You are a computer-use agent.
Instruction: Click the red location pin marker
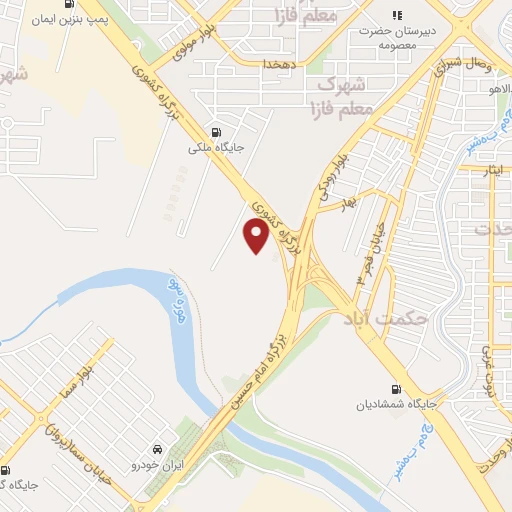pos(256,236)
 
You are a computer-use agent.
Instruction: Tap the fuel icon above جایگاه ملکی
pos(216,132)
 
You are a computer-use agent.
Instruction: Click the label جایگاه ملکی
pos(216,148)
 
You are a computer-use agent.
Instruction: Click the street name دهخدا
pos(275,63)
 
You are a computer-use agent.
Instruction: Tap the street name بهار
pos(348,203)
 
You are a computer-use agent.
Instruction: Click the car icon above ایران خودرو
pos(158,448)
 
